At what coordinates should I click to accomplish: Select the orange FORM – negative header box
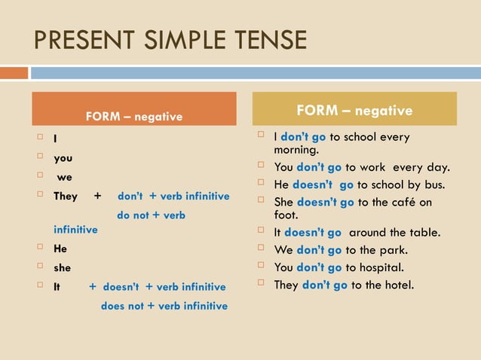coord(133,109)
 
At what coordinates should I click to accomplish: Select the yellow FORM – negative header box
coord(354,109)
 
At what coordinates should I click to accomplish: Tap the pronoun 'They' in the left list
coord(66,197)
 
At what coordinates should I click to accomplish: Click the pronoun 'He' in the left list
coord(60,248)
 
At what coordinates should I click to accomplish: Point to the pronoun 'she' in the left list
coord(62,267)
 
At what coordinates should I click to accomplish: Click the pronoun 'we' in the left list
coord(64,178)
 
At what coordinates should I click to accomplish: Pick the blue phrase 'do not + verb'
coord(151,215)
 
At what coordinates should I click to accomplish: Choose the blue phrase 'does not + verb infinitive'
coord(164,306)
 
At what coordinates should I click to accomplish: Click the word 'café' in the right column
coord(400,202)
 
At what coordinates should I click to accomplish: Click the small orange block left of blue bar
coord(14,73)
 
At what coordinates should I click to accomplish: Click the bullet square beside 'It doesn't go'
coord(261,232)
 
